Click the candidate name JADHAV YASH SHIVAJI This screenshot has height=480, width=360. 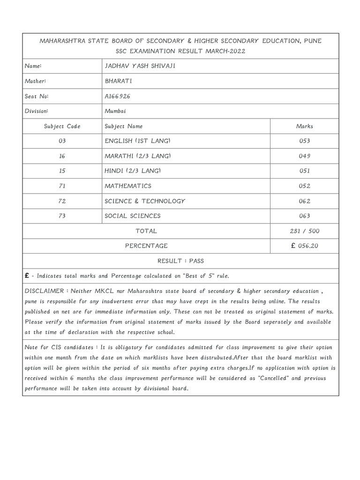140,66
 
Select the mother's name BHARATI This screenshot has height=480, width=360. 119,81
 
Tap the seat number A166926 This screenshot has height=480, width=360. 118,96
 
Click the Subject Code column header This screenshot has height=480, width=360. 62,126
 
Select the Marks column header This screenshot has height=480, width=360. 304,126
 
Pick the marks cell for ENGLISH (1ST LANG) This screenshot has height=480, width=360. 304,141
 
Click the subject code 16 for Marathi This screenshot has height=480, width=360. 62,156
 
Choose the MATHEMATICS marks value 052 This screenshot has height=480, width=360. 304,186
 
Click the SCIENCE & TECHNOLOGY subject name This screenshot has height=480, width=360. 145,201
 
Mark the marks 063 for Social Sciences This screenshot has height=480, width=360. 304,216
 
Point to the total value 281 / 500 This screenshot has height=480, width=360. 304,231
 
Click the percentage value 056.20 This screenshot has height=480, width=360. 307,246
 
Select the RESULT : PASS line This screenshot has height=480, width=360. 180,261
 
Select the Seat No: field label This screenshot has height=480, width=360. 37,96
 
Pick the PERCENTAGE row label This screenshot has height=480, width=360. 146,246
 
